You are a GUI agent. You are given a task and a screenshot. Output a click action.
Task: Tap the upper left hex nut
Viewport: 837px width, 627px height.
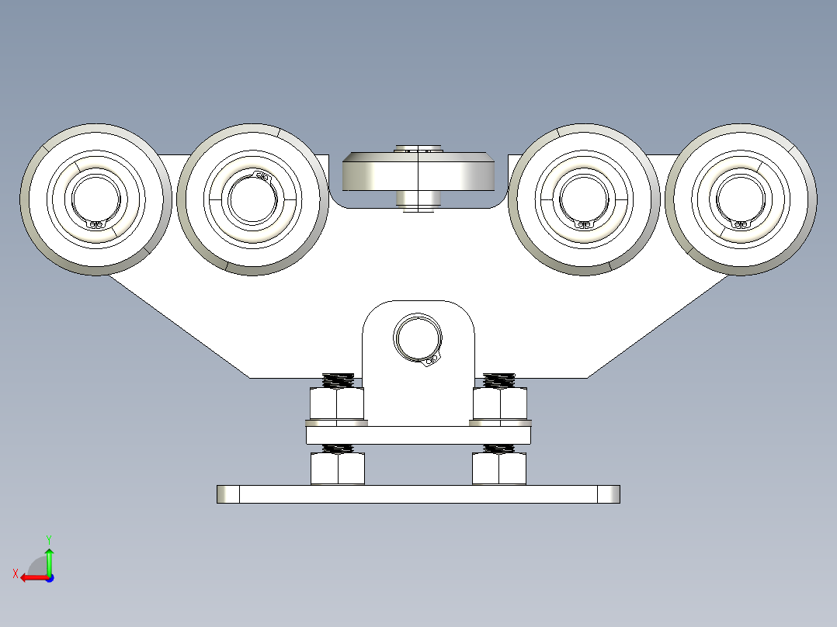(337, 404)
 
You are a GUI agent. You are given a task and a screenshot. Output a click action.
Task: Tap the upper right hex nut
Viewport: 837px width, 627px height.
(500, 404)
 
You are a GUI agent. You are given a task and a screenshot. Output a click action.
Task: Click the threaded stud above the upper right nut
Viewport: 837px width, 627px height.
(498, 380)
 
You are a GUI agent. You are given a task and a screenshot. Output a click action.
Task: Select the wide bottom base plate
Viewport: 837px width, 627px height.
(418, 494)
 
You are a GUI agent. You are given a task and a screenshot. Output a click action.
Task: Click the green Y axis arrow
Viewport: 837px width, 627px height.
(49, 558)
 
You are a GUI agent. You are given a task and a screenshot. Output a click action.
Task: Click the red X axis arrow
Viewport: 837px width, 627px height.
(31, 577)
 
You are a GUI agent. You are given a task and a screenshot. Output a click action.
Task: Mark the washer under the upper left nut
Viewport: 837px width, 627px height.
(337, 423)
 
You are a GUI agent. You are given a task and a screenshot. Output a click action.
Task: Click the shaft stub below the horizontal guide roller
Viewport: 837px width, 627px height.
(418, 199)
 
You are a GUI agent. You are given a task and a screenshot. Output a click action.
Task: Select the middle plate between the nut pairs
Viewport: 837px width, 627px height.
(418, 435)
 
